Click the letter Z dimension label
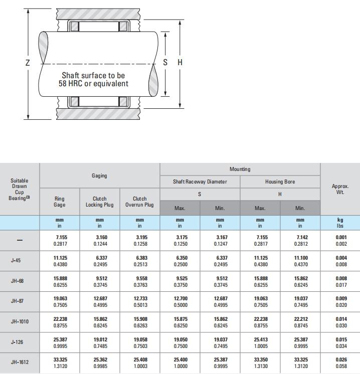click(28, 63)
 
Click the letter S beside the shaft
click(165, 62)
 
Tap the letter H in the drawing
click(180, 62)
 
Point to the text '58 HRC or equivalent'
click(94, 84)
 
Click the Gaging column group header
click(99, 175)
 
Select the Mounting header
click(240, 169)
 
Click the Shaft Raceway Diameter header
click(200, 182)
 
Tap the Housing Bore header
click(280, 182)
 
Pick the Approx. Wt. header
click(340, 189)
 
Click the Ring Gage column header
click(59, 202)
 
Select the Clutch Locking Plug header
click(99, 202)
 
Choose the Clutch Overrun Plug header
click(139, 202)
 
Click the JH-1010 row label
click(20, 321)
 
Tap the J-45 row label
click(16, 260)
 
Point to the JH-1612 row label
click(20, 362)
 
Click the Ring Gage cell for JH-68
click(60, 282)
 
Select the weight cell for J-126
click(341, 343)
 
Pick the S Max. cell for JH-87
click(181, 302)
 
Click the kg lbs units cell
click(340, 223)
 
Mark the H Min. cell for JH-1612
click(301, 363)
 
